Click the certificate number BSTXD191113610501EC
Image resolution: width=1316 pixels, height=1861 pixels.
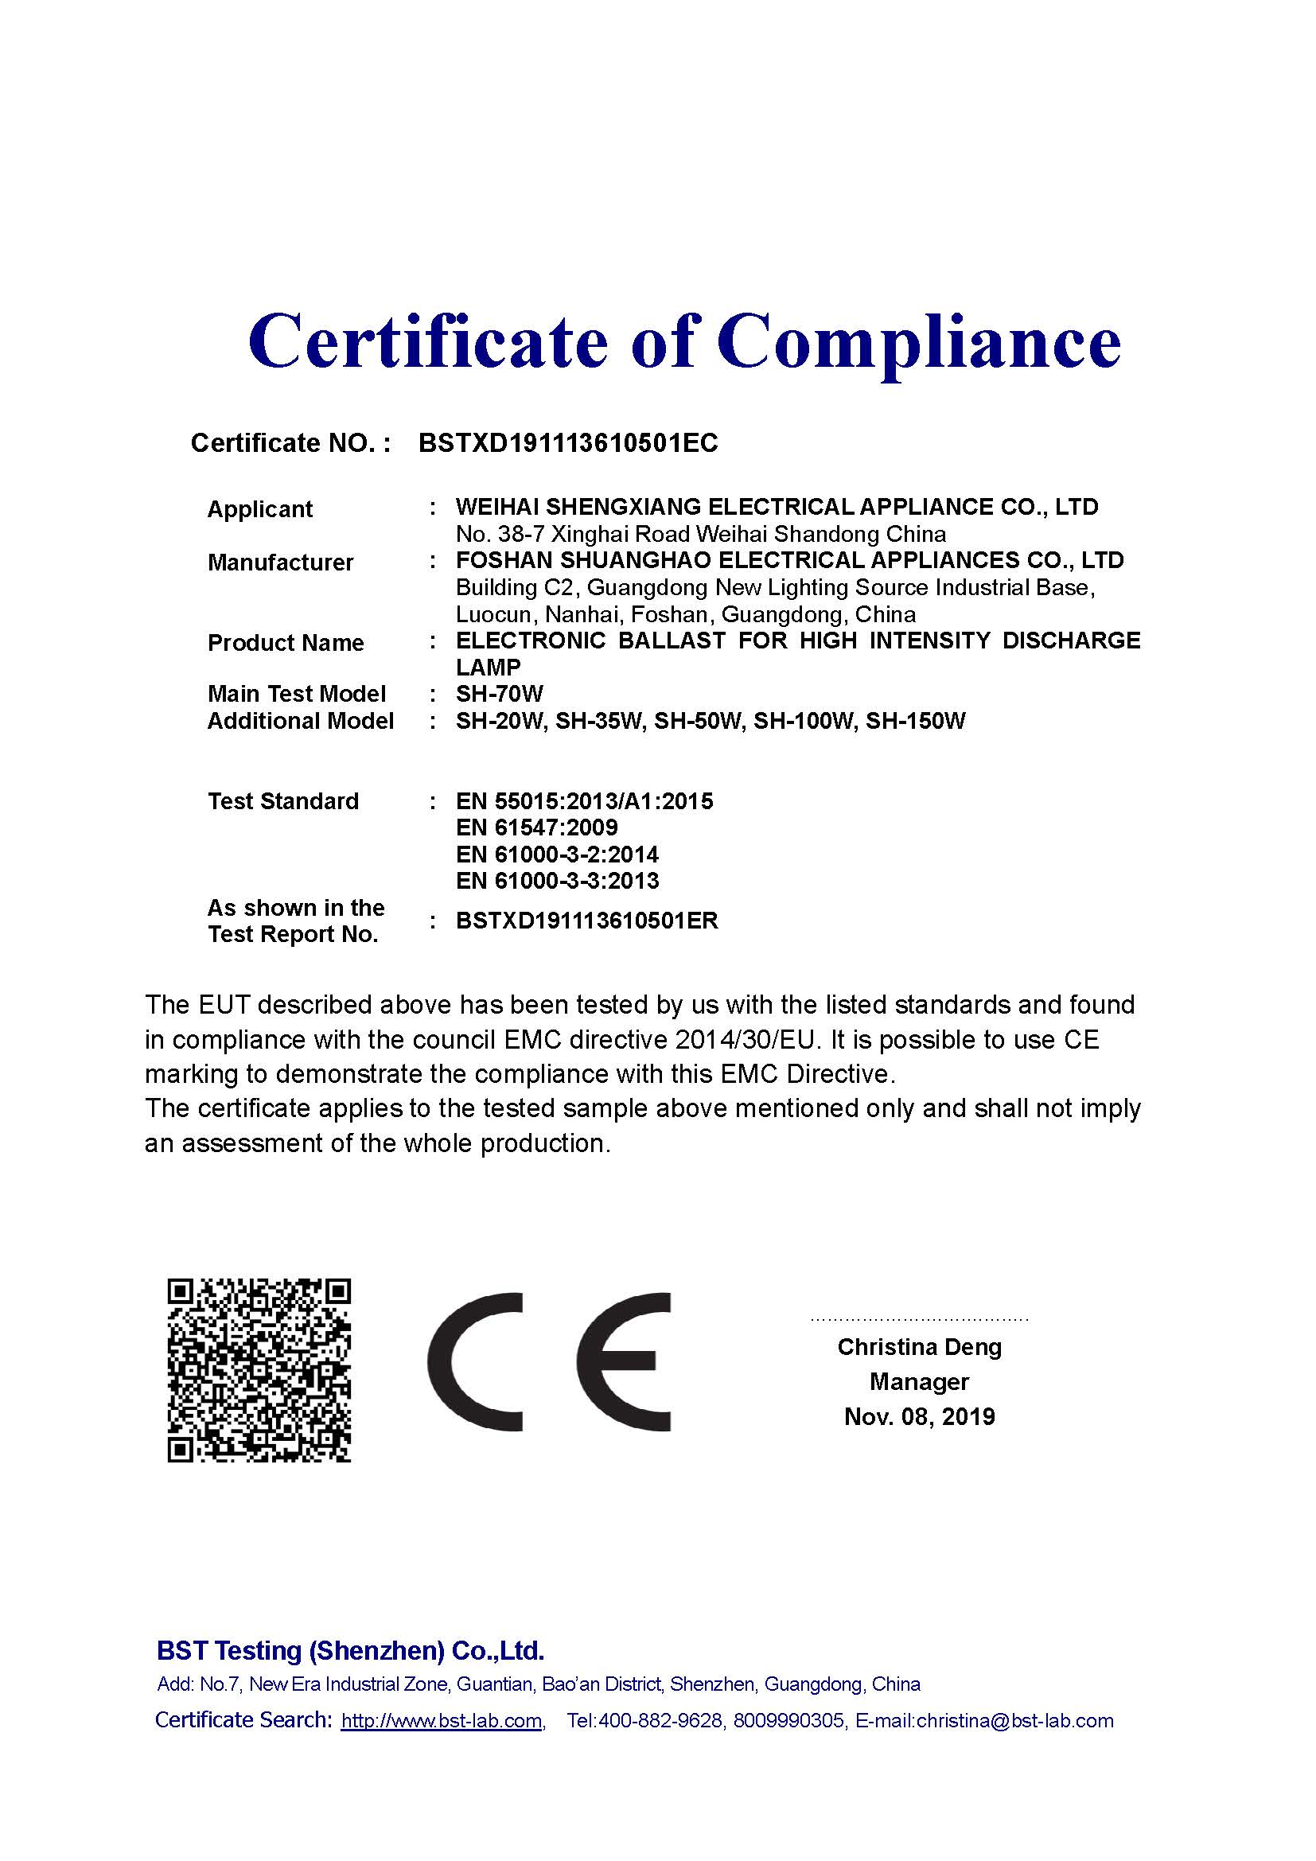pyautogui.click(x=568, y=443)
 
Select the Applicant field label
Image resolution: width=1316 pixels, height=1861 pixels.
pyautogui.click(x=259, y=509)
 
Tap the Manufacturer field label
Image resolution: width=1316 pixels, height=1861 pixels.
pyautogui.click(x=280, y=563)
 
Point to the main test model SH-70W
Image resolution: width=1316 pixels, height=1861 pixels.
pyautogui.click(x=499, y=694)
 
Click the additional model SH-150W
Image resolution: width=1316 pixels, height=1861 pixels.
pyautogui.click(x=916, y=721)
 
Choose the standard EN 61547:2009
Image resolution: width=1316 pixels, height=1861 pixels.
pyautogui.click(x=536, y=827)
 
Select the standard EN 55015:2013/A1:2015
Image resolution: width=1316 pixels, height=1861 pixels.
pyautogui.click(x=584, y=801)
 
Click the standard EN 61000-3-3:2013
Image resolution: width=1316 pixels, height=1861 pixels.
pyautogui.click(x=558, y=880)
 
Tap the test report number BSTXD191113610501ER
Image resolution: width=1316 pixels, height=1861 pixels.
pyautogui.click(x=586, y=921)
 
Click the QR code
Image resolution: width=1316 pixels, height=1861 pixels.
pyautogui.click(x=259, y=1371)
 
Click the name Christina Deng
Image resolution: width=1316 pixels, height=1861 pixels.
pyautogui.click(x=919, y=1347)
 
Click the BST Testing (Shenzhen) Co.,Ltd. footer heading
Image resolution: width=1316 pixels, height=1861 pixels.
pyautogui.click(x=350, y=1650)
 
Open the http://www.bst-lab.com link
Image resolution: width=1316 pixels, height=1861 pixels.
pyautogui.click(x=442, y=1721)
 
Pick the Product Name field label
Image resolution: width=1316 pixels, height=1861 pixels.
pyautogui.click(x=286, y=643)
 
